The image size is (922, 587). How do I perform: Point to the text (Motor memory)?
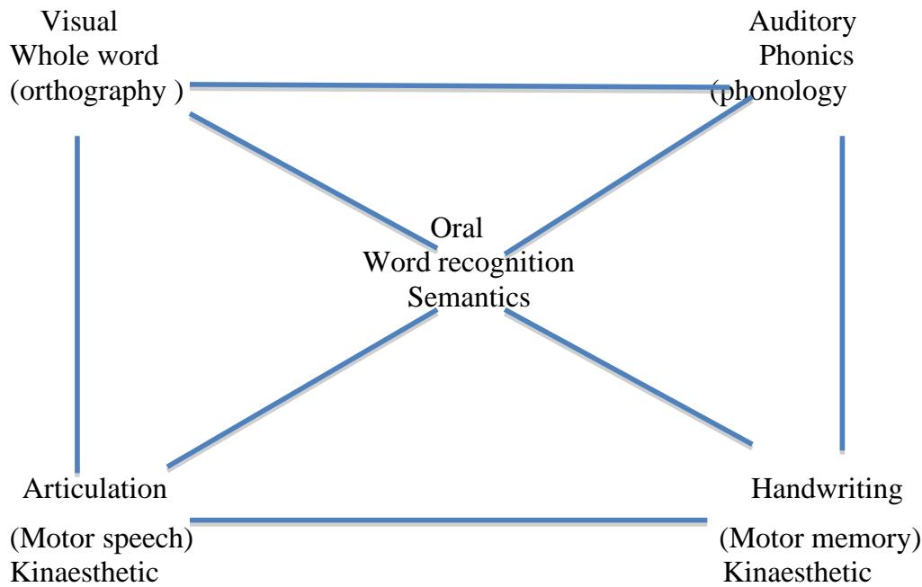pyautogui.click(x=819, y=543)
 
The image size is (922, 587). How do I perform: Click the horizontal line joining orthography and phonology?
pyautogui.click(x=450, y=86)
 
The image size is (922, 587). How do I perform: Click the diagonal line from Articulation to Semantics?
pyautogui.click(x=302, y=388)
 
